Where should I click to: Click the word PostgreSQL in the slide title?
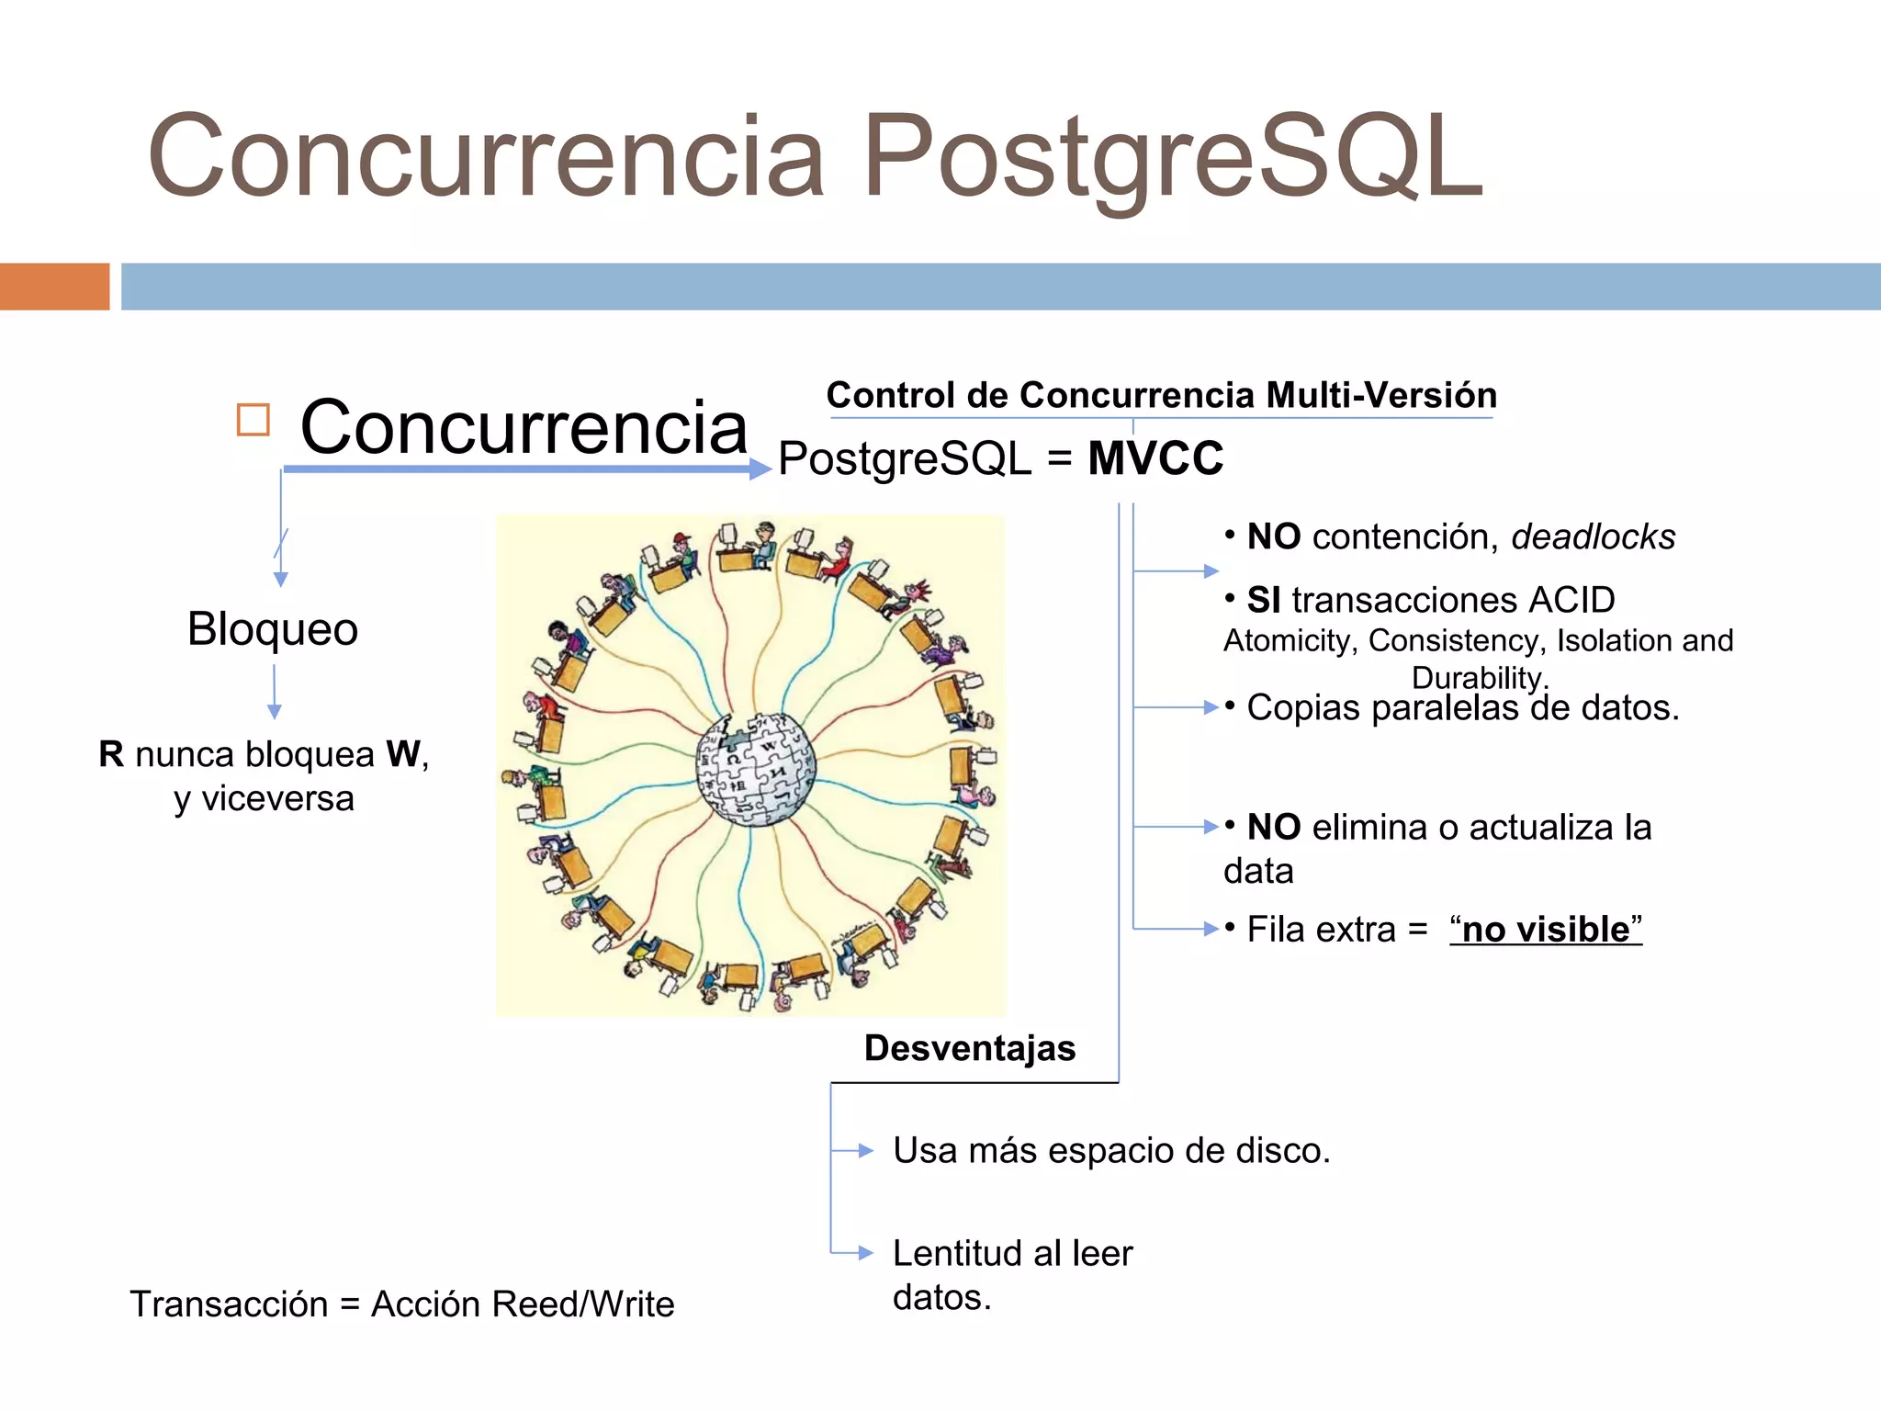coord(1172,156)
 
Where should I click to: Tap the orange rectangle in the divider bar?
coord(54,287)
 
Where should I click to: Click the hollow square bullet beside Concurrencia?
coord(253,420)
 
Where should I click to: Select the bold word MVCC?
coord(1155,458)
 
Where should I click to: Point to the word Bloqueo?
coord(273,629)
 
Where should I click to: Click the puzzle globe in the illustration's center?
coord(755,768)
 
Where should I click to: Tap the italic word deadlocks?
coord(1593,537)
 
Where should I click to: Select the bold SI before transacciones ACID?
coord(1263,601)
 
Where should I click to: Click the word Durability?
coord(1478,678)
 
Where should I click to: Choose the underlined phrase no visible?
coord(1546,930)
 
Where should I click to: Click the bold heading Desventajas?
coord(969,1048)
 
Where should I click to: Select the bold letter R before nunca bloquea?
coord(111,754)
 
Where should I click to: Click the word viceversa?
coord(277,798)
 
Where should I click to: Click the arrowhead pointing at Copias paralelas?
coord(1211,707)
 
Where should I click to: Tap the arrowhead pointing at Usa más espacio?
coord(865,1150)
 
